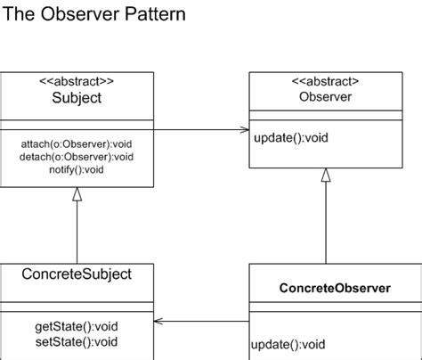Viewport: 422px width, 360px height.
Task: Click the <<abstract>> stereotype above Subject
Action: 77,80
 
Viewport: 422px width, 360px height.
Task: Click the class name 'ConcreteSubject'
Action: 77,274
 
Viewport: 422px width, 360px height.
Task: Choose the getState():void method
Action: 77,326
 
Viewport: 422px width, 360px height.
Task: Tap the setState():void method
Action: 77,340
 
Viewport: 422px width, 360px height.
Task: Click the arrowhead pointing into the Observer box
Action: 245,130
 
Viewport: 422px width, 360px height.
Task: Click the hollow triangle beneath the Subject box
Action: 77,194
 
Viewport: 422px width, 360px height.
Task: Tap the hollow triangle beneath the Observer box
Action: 326,176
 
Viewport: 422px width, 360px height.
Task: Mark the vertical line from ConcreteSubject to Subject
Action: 77,232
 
